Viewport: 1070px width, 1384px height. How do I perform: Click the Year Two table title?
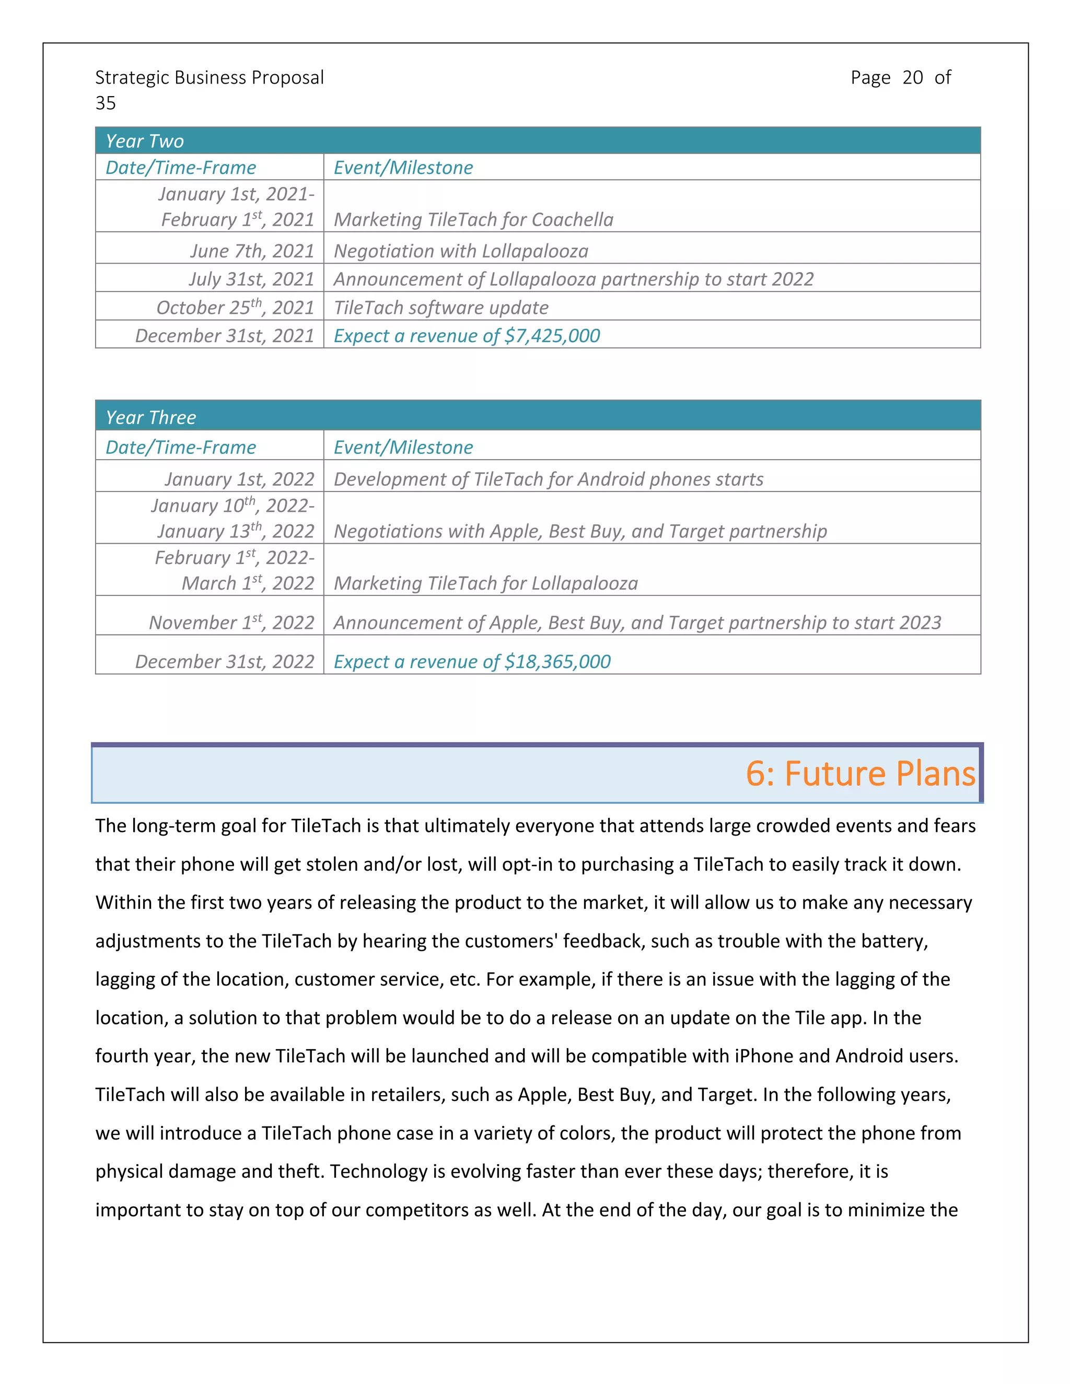(145, 140)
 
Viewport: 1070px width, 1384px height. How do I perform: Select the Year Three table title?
(151, 417)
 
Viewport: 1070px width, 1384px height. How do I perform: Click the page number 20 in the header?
(912, 77)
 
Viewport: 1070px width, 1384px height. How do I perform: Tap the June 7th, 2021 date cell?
(252, 251)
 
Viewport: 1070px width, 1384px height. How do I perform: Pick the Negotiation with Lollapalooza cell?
(461, 251)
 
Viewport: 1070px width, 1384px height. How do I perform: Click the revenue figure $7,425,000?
(552, 335)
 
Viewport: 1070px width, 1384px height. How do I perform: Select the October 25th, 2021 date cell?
(235, 307)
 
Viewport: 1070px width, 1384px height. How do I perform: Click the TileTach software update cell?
(440, 307)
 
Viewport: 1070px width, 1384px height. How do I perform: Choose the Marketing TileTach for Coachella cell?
(473, 219)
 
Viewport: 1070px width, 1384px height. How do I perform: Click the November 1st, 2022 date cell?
(231, 623)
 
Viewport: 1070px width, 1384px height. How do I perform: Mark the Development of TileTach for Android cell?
(548, 479)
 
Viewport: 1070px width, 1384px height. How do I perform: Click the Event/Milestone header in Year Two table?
(403, 167)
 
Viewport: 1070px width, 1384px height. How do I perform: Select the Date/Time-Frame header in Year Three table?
(181, 448)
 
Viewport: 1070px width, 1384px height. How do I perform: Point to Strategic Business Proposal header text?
(209, 77)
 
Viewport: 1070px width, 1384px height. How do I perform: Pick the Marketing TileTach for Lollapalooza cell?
(485, 583)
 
